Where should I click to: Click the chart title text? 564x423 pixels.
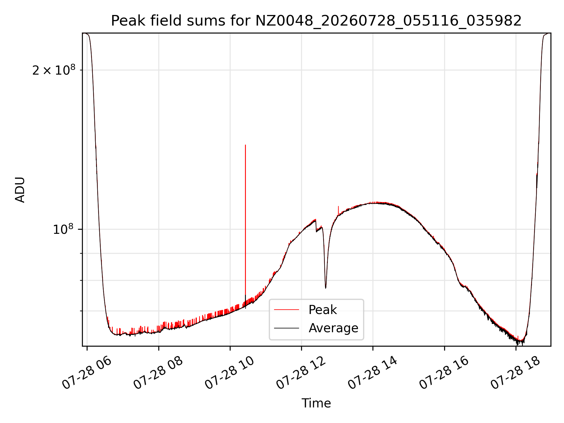coord(316,21)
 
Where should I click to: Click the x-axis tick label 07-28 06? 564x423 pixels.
coord(87,373)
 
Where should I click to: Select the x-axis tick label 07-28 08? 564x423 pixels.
coord(158,373)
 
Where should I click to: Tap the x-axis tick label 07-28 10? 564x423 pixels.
coord(230,373)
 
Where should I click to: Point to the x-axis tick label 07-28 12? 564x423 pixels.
coord(301,373)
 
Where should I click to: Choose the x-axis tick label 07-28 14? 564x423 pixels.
coord(373,373)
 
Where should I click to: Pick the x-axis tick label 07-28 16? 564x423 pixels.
coord(444,373)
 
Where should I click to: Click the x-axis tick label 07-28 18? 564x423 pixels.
coord(516,373)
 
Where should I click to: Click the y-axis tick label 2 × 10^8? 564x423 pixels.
coord(54,70)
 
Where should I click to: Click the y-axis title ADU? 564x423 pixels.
coord(20,190)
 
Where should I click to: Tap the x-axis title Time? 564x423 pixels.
coord(316,403)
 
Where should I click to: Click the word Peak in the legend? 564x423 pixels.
coord(323,310)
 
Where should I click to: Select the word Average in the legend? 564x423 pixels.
coord(333,328)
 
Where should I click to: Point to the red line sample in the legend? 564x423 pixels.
coord(286,310)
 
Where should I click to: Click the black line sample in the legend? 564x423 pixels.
coord(286,328)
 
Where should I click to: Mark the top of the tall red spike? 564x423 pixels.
coord(245,145)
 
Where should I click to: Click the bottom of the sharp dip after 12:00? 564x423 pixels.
coord(325,288)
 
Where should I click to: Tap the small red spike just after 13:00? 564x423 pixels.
coord(338,206)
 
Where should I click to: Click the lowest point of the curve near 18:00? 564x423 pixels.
coord(517,344)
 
